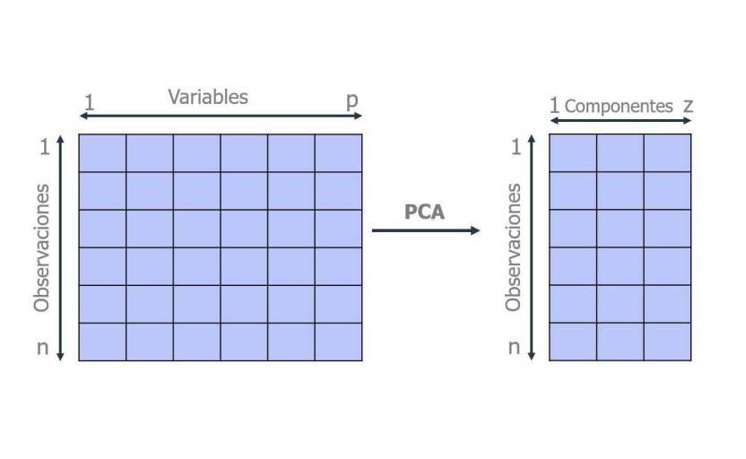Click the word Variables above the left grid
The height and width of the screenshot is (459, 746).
pos(208,97)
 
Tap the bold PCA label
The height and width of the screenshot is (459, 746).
pos(424,212)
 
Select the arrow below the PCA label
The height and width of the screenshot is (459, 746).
pos(426,230)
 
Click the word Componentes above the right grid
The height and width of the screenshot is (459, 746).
pos(619,106)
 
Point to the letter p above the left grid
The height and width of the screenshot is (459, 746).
pos(352,100)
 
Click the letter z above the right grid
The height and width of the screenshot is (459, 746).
pos(688,105)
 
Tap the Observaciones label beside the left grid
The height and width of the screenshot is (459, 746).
pos(41,248)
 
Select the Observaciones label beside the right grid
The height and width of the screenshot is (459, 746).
pos(513,248)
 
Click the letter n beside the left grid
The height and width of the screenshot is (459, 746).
pos(42,347)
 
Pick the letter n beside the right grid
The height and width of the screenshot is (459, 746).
pos(514,347)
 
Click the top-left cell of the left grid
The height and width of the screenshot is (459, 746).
pos(102,152)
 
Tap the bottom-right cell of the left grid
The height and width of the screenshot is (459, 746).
pos(338,342)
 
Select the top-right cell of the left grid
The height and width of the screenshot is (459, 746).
pos(338,152)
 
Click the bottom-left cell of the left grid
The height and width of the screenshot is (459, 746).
pos(102,342)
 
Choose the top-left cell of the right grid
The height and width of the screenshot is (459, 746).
pos(572,152)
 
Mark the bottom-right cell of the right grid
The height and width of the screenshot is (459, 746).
pos(667,342)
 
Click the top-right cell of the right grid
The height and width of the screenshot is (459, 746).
pos(667,152)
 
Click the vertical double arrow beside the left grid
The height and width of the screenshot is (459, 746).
pos(61,247)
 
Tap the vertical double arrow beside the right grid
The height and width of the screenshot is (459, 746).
pos(532,247)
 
